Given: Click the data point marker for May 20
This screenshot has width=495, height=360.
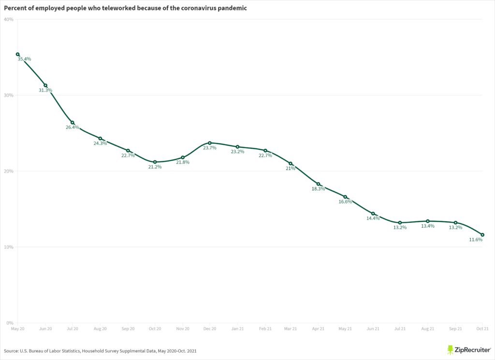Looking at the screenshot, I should (18, 55).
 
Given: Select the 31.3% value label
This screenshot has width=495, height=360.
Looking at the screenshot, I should (45, 90).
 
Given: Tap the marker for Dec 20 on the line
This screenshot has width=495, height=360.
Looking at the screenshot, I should (210, 143).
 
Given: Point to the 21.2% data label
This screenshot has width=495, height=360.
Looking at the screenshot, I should (155, 167).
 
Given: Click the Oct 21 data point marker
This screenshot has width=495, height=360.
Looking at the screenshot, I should (482, 235).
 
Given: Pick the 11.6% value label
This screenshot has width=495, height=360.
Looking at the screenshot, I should (476, 240).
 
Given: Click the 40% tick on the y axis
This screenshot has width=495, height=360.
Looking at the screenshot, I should (8, 19).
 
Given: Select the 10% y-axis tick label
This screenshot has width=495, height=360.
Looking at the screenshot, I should (8, 247).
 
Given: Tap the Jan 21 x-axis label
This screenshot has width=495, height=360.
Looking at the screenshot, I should (237, 329).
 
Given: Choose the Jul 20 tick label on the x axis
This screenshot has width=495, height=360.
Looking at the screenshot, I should (73, 329).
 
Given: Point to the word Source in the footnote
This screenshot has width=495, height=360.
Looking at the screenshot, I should (11, 350).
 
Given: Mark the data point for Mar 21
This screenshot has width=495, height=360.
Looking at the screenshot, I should (291, 164).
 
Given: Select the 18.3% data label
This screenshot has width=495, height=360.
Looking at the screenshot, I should (318, 189).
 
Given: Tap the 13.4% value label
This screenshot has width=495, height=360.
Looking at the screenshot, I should (427, 226).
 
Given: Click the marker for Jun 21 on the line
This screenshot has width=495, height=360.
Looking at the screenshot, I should (373, 214).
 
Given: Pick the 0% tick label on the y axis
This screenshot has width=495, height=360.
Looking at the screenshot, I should (10, 323).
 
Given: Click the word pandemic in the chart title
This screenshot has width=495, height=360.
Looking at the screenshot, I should (230, 8).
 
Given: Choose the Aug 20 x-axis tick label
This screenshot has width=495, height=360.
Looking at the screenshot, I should (100, 329).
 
